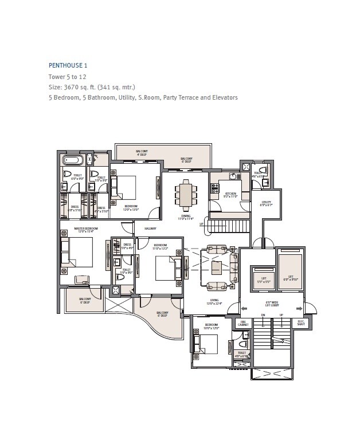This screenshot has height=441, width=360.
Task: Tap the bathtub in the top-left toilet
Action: [x=73, y=159]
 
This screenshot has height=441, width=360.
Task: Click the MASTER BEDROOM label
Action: [x=85, y=229]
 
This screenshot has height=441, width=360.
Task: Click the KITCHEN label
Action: [x=230, y=194]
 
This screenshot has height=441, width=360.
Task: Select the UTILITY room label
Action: [x=266, y=202]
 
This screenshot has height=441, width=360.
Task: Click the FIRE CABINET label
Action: [x=243, y=324]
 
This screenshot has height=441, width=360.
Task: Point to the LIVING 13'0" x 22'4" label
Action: [x=214, y=301]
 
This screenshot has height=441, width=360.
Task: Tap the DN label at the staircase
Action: [x=263, y=315]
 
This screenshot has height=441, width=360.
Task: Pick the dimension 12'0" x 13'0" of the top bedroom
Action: [x=131, y=210]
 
